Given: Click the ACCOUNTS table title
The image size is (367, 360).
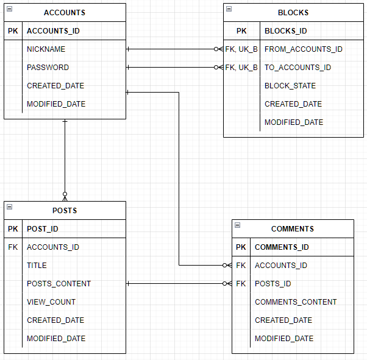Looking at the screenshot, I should click(65, 13).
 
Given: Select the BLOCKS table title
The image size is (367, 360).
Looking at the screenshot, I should click(293, 13).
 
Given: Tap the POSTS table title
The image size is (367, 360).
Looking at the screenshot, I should click(65, 211).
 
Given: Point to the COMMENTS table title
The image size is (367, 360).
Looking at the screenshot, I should click(293, 229).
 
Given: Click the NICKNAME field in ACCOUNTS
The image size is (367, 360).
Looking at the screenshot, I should click(46, 49).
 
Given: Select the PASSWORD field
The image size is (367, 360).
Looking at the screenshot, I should click(48, 68).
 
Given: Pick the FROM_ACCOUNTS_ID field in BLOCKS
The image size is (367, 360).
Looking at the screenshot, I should click(303, 49).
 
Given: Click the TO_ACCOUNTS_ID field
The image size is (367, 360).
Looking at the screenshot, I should click(298, 68).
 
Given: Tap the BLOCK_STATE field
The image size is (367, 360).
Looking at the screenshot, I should click(290, 86).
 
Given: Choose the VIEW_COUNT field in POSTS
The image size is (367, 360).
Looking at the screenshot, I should click(51, 302).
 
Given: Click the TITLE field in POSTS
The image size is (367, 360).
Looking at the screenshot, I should click(37, 266).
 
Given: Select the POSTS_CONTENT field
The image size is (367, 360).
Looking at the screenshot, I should click(59, 284).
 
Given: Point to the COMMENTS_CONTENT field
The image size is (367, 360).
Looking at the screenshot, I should click(296, 302).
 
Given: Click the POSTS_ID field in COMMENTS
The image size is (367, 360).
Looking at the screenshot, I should click(273, 284).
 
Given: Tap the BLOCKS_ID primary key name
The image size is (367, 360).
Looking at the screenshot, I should click(286, 31).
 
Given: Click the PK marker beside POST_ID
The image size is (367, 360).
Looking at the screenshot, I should click(13, 229).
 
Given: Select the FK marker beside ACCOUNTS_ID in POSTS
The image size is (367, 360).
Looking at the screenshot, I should click(13, 247).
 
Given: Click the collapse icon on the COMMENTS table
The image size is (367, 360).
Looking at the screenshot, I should click(237, 225).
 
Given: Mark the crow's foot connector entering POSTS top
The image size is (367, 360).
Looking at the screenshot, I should click(65, 196).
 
